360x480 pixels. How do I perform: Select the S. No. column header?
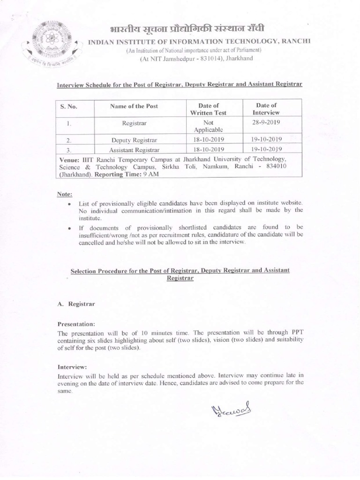[x=68, y=106]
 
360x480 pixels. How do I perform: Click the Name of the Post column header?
[x=134, y=106]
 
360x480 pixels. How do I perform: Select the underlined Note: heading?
[x=64, y=194]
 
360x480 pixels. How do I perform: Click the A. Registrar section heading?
[x=76, y=304]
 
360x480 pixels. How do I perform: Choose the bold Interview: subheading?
[x=73, y=367]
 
